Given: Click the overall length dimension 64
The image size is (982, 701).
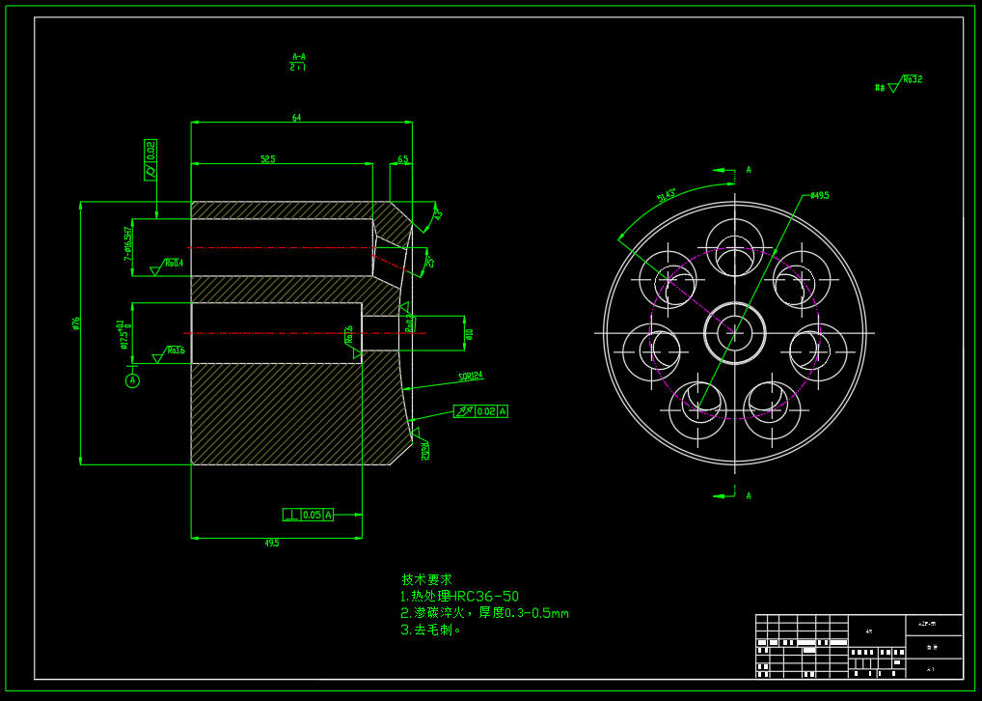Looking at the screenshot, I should click(x=296, y=118).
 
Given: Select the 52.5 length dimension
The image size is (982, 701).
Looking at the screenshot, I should click(x=268, y=159).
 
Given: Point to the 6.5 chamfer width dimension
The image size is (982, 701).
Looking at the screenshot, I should click(x=402, y=159).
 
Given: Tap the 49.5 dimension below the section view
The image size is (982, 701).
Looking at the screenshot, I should click(x=271, y=544).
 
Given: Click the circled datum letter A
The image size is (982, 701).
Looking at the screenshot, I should click(x=132, y=380).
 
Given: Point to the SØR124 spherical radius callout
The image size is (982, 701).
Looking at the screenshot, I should click(x=471, y=377).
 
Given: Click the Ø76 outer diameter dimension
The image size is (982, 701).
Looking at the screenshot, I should click(x=75, y=323).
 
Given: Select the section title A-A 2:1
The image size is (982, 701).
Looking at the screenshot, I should click(x=298, y=62).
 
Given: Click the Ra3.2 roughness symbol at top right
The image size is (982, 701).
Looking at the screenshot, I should click(x=911, y=80).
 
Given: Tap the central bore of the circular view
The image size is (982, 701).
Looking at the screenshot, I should click(x=735, y=331).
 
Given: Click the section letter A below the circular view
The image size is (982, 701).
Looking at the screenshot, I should click(x=749, y=495).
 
